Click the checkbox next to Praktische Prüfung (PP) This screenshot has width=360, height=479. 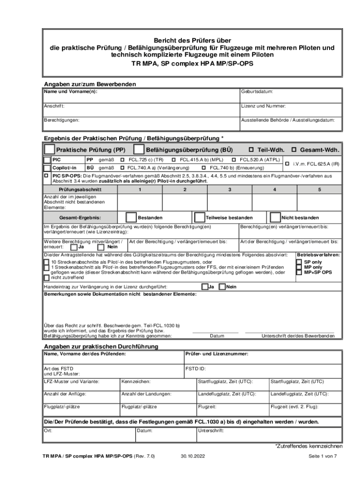point(49,150)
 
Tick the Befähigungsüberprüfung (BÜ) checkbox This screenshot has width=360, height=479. point(139,150)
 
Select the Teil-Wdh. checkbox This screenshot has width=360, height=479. point(251,150)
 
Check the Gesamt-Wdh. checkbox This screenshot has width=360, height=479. point(294,150)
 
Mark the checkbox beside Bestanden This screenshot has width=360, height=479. point(131,218)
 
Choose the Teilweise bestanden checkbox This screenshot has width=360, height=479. point(200,218)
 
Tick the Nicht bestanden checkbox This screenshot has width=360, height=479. point(274,218)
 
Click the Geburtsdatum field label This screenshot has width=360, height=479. point(257,92)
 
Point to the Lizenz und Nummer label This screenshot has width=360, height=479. point(263,106)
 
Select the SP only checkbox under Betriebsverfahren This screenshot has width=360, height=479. point(299,262)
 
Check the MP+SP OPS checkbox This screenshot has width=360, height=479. point(299,272)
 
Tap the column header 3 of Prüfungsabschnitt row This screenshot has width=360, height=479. point(230,189)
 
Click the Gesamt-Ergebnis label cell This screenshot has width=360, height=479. point(79,218)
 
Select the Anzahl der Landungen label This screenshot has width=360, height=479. point(146,394)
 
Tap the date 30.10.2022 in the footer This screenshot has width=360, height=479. point(193,456)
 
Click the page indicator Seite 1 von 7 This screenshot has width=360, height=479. point(323,456)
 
